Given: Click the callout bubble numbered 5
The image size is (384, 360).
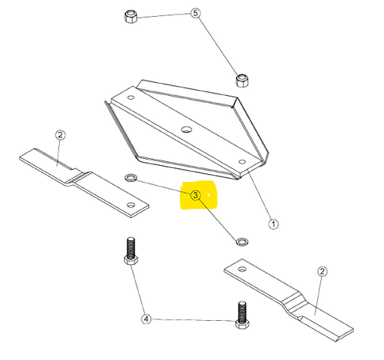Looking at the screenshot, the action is (195, 13).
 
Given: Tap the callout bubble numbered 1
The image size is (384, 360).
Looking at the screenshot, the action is (273, 224).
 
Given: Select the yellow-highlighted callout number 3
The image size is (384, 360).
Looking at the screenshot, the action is (195, 195).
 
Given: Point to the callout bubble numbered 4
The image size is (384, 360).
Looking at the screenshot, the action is (146, 319).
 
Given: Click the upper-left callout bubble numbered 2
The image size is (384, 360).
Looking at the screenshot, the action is (60, 134).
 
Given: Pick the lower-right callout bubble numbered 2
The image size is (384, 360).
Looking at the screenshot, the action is (323, 271).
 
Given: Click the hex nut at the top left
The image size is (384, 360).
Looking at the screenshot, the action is (131, 16).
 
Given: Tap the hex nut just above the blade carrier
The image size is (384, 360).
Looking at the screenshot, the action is (242, 81).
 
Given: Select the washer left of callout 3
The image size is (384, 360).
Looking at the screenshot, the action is (131, 177).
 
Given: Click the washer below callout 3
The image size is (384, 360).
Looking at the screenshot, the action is (242, 242).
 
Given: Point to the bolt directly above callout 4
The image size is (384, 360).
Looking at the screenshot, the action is (131, 251).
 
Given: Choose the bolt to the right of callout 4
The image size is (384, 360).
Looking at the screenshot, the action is (242, 315).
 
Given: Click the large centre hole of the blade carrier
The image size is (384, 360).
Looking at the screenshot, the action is (187, 129).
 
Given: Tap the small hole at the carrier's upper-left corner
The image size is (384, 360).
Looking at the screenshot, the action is (131, 97).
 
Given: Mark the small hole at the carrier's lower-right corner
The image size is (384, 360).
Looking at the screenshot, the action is (242, 161).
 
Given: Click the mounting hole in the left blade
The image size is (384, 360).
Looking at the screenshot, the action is (131, 205).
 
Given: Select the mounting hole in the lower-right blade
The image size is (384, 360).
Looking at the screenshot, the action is (242, 269).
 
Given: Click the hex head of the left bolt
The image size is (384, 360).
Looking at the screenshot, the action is (131, 260).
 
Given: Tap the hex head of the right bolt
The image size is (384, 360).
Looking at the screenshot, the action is (242, 325).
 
